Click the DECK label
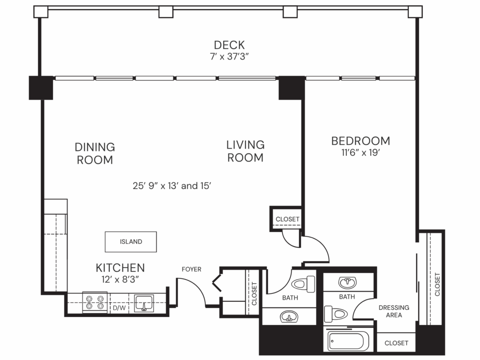(x=229, y=45)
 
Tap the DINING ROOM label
(x=95, y=153)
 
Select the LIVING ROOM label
(x=245, y=151)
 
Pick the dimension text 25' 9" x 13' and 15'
(x=173, y=186)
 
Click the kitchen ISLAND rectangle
(x=131, y=242)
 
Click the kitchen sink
(x=143, y=303)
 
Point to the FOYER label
(x=191, y=269)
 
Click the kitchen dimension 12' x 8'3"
(x=120, y=280)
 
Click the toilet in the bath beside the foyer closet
(x=305, y=284)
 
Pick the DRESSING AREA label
(x=394, y=311)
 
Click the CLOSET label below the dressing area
(x=396, y=343)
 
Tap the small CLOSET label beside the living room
(x=287, y=219)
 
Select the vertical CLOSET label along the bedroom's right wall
(x=437, y=284)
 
